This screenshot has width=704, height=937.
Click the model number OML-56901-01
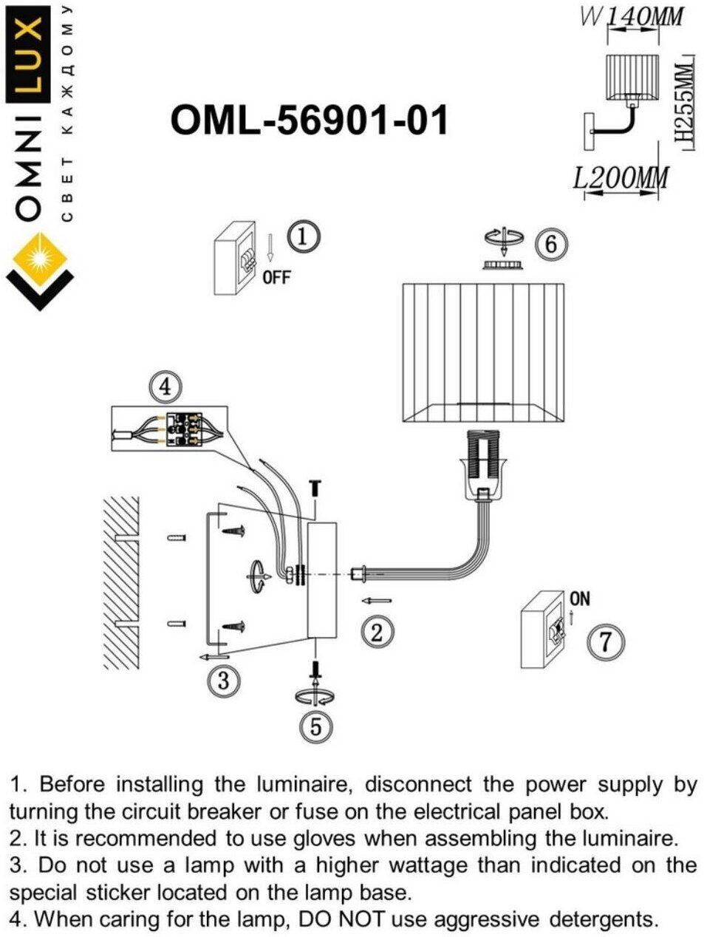[x=310, y=120]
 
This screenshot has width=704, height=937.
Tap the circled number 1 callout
[x=303, y=237]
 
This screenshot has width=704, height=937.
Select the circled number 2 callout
[x=377, y=632]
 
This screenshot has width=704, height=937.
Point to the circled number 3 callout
[x=224, y=679]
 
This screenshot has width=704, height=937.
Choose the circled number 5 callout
[x=316, y=727]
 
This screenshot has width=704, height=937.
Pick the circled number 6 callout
[x=551, y=243]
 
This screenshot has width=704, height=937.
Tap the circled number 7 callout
[x=605, y=641]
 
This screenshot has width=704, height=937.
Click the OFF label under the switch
[x=277, y=279]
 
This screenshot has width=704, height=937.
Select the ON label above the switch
[x=580, y=599]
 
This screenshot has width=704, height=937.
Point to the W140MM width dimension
[x=632, y=16]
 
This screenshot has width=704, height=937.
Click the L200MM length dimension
[x=621, y=178]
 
